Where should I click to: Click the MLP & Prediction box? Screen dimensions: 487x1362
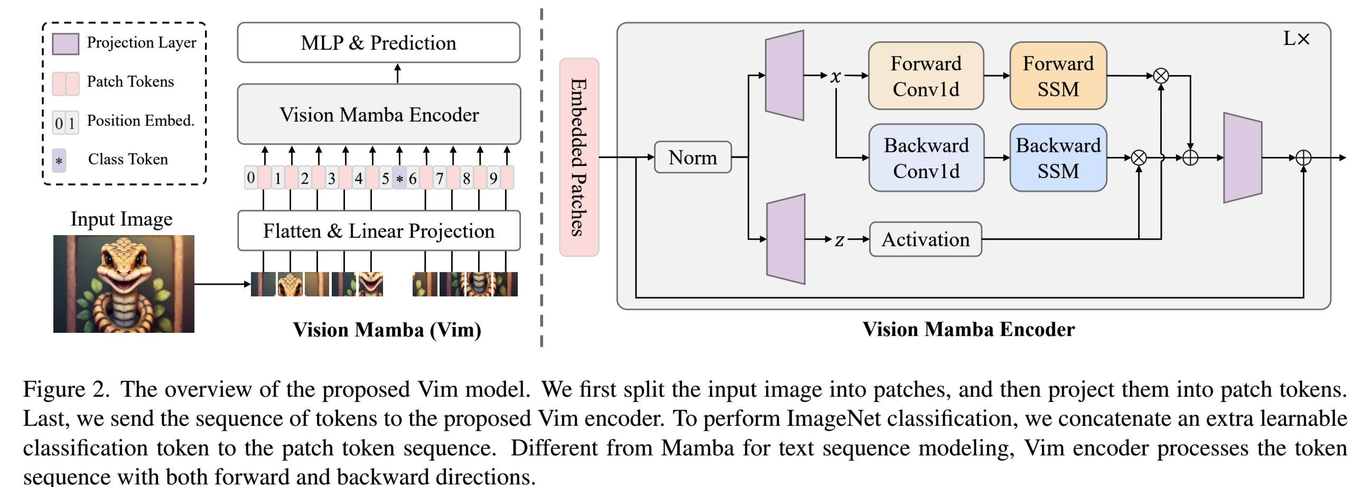pos(379,42)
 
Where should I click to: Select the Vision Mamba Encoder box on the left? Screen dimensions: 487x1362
pos(379,114)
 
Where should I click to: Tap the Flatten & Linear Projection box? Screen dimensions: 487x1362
pos(379,231)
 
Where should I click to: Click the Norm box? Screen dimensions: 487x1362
pos(693,157)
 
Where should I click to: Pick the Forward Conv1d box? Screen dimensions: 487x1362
pos(926,76)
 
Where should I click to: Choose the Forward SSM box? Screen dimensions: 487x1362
pos(1058,76)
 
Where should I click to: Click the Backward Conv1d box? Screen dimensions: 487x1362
pos(926,157)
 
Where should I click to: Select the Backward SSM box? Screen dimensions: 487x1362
pos(1058,157)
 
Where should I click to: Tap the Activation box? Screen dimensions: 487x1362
pos(925,239)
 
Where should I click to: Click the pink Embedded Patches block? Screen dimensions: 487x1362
pos(579,157)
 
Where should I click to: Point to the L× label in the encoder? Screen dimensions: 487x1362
pos(1296,39)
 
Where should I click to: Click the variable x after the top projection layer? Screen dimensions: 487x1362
pos(835,76)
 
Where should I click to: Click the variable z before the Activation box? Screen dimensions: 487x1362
pos(839,240)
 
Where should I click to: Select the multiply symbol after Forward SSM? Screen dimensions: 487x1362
pos(1161,76)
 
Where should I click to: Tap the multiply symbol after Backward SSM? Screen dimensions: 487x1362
pos(1139,157)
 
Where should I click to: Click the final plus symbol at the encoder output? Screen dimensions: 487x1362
pos(1303,157)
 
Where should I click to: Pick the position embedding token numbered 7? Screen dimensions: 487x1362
pos(440,178)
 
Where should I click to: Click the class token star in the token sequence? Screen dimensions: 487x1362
pos(400,178)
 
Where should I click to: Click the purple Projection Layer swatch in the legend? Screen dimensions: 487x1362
pos(66,44)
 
